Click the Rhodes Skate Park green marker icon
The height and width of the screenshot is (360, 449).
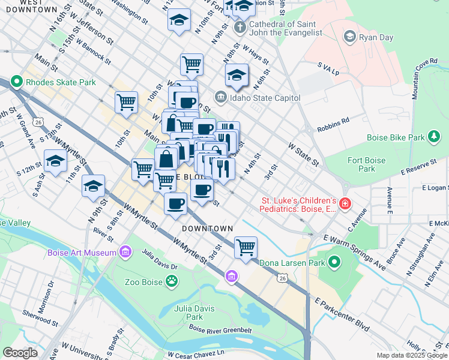tap(16, 82)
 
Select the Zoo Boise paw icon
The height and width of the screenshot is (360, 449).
tap(172, 281)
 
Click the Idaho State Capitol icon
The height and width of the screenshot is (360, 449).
tap(220, 97)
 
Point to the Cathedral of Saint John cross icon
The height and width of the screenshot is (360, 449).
tap(240, 28)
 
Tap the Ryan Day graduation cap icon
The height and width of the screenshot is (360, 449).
tap(349, 37)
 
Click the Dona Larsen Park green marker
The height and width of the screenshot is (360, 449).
tap(334, 262)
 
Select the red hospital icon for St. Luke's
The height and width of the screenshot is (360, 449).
tap(345, 204)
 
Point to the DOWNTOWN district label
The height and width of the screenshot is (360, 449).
tap(208, 229)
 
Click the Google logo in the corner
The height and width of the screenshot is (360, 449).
tap(20, 353)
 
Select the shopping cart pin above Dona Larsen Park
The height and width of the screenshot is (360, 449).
tap(246, 246)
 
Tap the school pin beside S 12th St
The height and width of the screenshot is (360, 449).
tap(55, 161)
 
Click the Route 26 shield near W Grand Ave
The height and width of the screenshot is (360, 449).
tap(38, 122)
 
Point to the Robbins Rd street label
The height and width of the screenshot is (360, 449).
tap(333, 121)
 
